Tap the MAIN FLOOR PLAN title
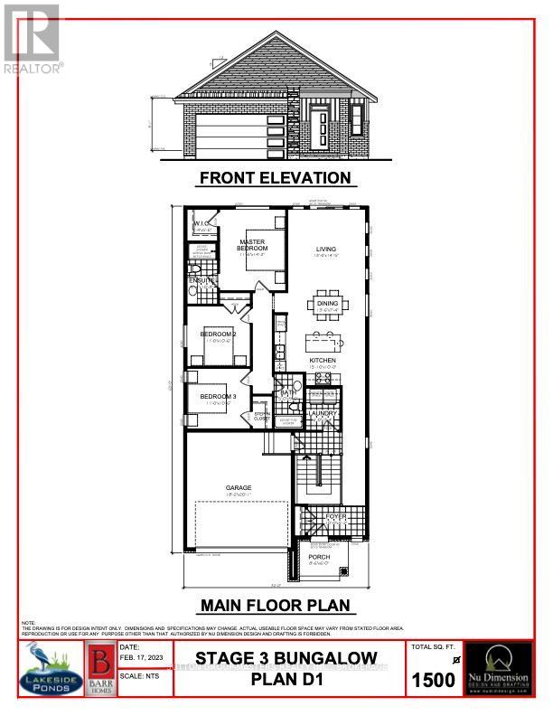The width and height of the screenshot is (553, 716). (x=275, y=605)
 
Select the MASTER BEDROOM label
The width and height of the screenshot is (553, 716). (x=253, y=244)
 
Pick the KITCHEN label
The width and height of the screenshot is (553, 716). (x=323, y=360)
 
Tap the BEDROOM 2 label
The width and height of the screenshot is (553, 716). (x=218, y=334)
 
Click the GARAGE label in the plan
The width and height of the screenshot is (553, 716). (x=239, y=488)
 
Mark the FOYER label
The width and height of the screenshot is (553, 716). (x=337, y=517)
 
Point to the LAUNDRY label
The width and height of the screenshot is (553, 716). (x=322, y=414)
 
